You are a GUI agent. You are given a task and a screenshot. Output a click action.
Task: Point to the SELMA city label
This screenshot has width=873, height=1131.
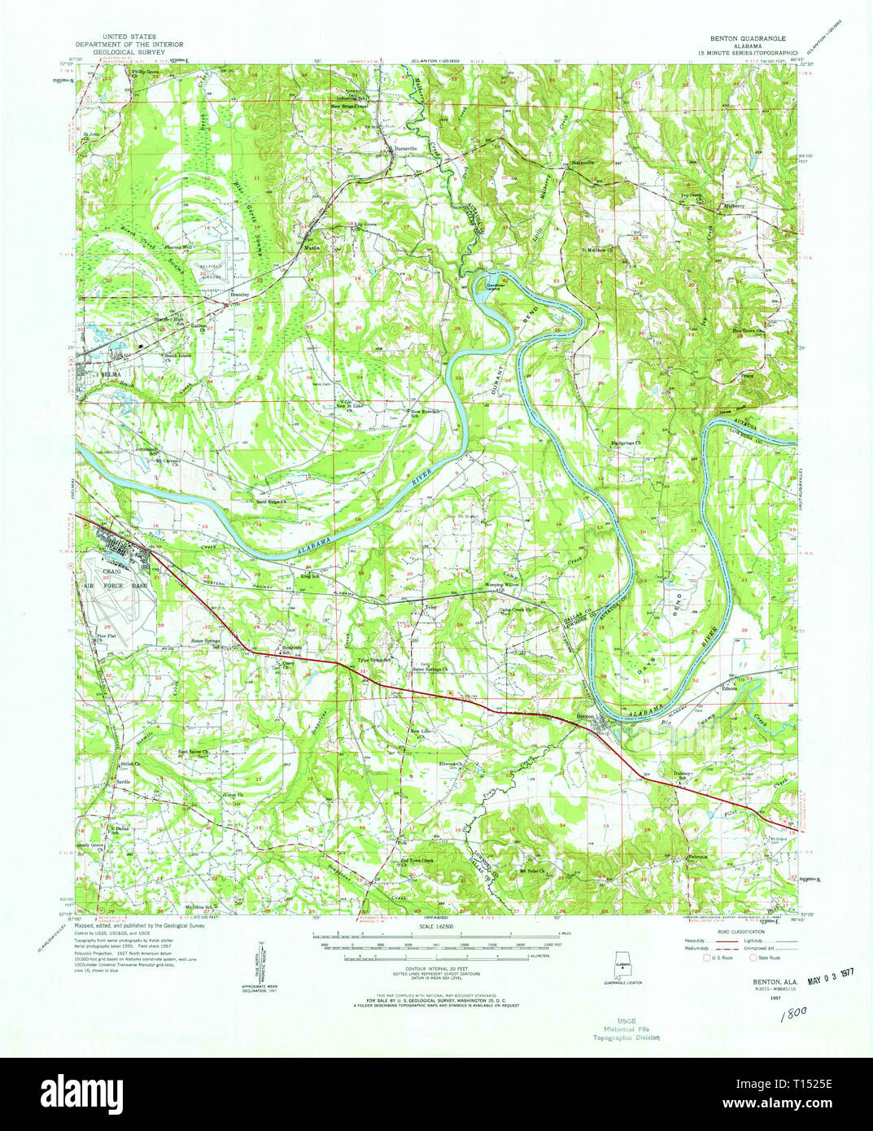click(110, 375)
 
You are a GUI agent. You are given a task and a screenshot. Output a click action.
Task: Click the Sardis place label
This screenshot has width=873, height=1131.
click(123, 781)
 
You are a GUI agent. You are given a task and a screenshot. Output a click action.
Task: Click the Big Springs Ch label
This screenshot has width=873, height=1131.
click(626, 443)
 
